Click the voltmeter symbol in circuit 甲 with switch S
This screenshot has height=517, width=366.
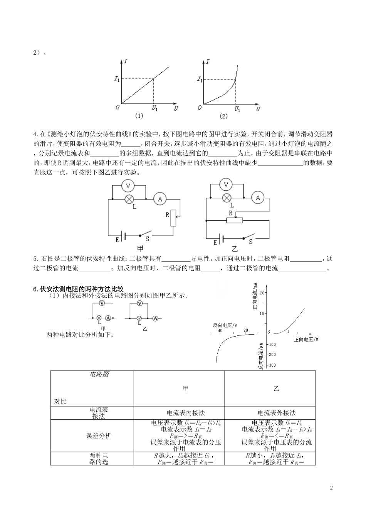coord(129,186)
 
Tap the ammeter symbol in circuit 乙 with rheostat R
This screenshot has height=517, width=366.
coord(258,198)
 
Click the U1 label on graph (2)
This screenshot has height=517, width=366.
coord(238,109)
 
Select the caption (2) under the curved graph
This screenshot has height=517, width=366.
coord(223,115)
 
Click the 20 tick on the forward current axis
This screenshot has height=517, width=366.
coord(263,293)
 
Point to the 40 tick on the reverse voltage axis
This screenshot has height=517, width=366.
coord(220,330)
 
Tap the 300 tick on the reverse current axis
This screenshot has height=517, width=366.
coord(272,365)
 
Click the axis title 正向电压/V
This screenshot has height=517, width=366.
coord(306,340)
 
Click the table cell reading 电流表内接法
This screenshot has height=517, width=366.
coord(186,413)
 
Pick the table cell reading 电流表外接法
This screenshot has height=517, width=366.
coord(277,413)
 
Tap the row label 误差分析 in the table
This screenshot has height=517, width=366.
coord(99,435)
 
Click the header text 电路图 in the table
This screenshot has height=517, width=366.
coord(99,374)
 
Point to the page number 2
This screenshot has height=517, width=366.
coord(331,488)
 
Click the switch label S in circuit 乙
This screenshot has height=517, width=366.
coord(250,242)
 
